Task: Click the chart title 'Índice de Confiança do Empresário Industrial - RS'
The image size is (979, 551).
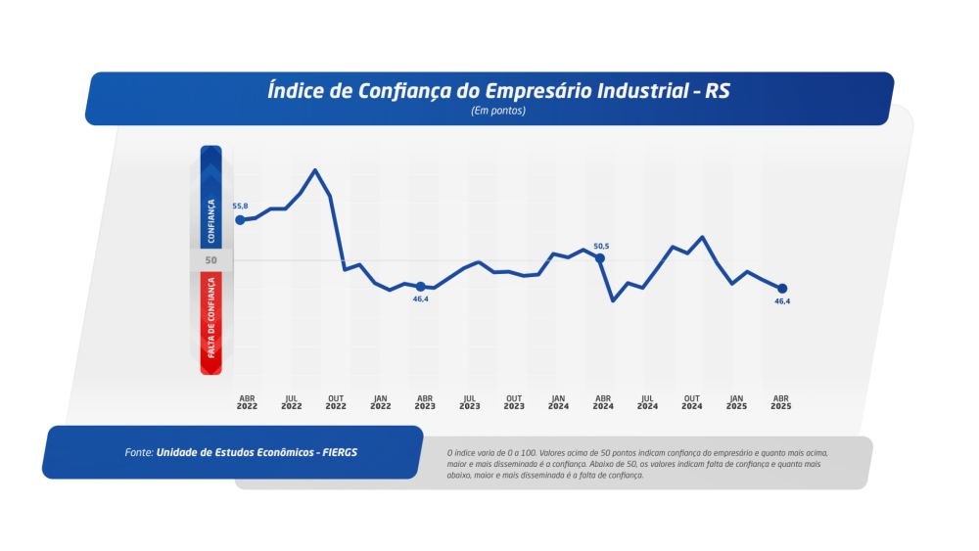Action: (x=498, y=91)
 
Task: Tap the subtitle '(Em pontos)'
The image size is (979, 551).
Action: (x=498, y=111)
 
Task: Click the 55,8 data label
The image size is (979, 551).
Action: (x=240, y=207)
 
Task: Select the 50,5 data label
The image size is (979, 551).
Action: (x=601, y=246)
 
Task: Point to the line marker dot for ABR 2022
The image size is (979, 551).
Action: (x=240, y=220)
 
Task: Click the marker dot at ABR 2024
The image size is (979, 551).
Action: (x=600, y=258)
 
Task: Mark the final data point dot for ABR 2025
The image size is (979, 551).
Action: (x=782, y=288)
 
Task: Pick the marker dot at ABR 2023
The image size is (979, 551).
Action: (x=420, y=287)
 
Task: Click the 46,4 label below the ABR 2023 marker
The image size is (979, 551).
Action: (x=421, y=299)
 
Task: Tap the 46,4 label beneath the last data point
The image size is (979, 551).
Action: (x=782, y=301)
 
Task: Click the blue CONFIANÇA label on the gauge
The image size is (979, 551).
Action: (x=211, y=220)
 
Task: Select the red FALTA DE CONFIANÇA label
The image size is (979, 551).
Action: (x=211, y=317)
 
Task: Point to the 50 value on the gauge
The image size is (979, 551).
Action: (x=211, y=260)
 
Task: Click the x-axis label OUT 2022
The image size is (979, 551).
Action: (x=336, y=402)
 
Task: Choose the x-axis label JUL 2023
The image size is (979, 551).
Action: (x=470, y=402)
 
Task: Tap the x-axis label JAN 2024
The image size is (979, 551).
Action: (x=558, y=402)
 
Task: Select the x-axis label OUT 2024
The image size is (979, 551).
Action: (x=691, y=402)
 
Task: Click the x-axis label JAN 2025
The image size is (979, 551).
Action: (x=736, y=402)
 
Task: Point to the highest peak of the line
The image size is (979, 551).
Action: (x=314, y=170)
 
